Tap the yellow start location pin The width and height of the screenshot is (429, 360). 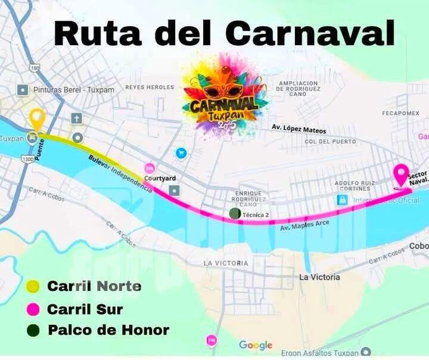pyautogui.click(x=38, y=119)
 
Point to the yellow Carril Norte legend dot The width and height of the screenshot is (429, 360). pyautogui.click(x=34, y=287)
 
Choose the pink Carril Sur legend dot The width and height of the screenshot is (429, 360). pyautogui.click(x=34, y=309)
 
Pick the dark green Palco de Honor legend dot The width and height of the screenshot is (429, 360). pyautogui.click(x=34, y=330)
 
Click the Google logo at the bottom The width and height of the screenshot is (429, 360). pyautogui.click(x=256, y=345)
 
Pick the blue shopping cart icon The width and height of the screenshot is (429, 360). pyautogui.click(x=181, y=153)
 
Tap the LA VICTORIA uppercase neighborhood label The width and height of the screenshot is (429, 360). pyautogui.click(x=226, y=263)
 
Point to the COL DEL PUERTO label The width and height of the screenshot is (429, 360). pyautogui.click(x=330, y=142)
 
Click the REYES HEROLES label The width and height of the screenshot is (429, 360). pyautogui.click(x=150, y=87)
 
